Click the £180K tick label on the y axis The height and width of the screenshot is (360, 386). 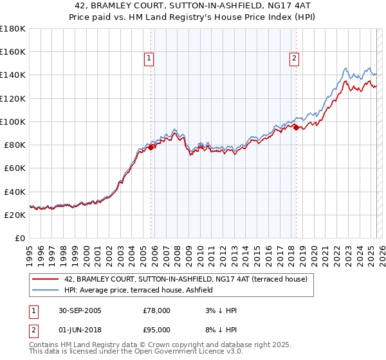(13, 28)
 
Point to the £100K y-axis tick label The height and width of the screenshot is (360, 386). (13, 122)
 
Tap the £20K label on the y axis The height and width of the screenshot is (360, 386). (15, 215)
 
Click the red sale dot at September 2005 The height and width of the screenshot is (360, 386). (151, 147)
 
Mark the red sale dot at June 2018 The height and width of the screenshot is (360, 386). (296, 127)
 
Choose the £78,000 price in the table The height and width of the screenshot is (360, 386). (156, 310)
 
